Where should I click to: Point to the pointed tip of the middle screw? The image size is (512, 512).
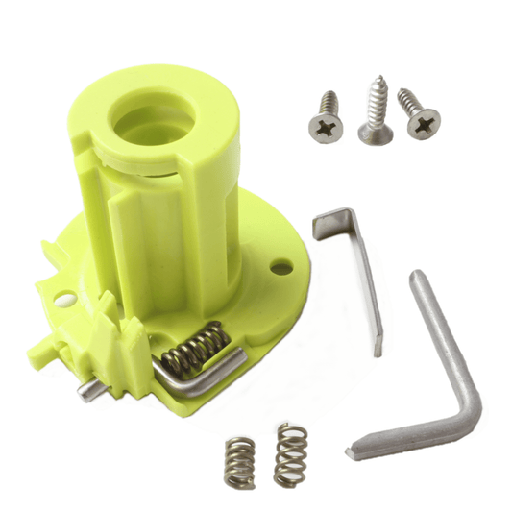click(x=376, y=81)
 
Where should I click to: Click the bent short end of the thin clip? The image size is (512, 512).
click(x=330, y=223)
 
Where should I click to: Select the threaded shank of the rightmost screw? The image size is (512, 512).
click(x=408, y=99)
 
